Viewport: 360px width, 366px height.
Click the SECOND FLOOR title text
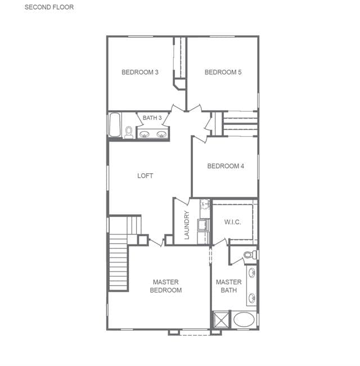tap(49, 7)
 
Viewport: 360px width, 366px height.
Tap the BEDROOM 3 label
tap(140, 72)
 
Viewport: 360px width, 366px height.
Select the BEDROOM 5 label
tap(223, 72)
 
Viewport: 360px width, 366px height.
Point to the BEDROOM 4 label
tap(226, 166)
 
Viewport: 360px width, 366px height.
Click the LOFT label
tap(145, 175)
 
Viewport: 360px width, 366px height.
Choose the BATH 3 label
tap(152, 118)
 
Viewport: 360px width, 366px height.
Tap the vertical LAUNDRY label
tap(187, 225)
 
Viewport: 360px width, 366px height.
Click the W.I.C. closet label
tap(232, 222)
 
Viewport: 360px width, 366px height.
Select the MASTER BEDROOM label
tap(166, 286)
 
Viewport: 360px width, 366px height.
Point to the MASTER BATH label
tap(229, 286)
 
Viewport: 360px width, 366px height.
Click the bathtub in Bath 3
tap(115, 125)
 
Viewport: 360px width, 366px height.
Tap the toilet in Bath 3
tap(129, 132)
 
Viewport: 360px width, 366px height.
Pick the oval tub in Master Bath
tap(244, 319)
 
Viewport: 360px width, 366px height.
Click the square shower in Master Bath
tap(221, 319)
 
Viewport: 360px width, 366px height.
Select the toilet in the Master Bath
tap(250, 255)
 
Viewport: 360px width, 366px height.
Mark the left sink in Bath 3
tap(144, 134)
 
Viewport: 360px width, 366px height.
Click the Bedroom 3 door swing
tap(177, 109)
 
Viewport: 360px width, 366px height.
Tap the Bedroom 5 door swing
tap(194, 109)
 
